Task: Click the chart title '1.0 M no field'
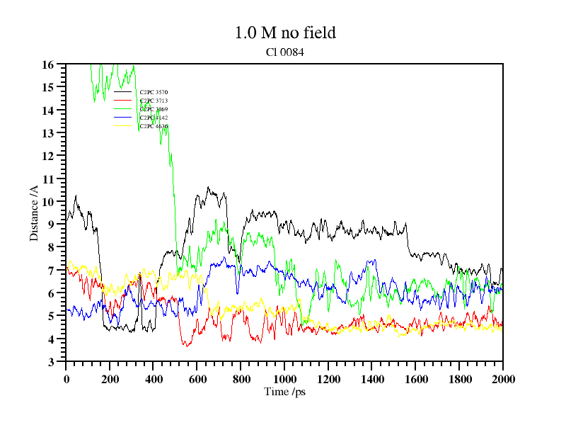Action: tap(285, 33)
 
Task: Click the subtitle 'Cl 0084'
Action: tap(285, 52)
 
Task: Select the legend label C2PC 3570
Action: tap(154, 92)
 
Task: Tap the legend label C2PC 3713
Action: tap(154, 101)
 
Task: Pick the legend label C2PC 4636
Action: tap(154, 126)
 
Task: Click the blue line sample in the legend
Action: tap(123, 118)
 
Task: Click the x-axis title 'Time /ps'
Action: tap(284, 392)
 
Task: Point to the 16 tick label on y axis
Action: tap(49, 64)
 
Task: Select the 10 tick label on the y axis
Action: tap(49, 202)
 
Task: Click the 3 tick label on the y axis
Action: tap(52, 362)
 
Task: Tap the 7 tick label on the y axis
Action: tap(52, 271)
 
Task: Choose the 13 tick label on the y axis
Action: tap(49, 133)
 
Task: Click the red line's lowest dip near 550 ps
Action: tap(187, 346)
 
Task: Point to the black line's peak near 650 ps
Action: tap(208, 188)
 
